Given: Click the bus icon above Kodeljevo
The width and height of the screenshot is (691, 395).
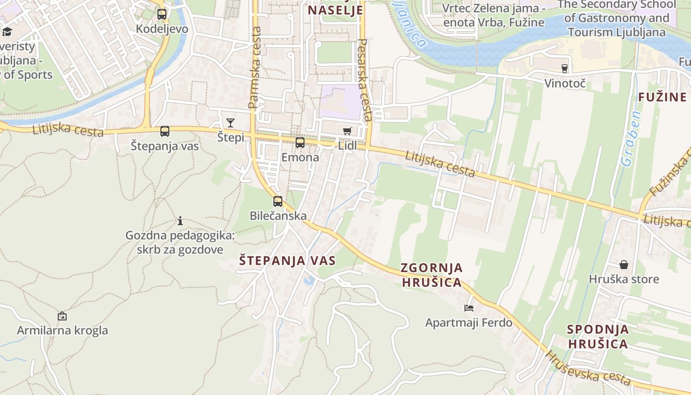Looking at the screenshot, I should pos(162,14).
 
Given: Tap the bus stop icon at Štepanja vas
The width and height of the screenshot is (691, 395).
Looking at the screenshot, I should pos(165,131).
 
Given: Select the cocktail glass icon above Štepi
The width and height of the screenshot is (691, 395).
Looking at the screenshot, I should pos(230,123).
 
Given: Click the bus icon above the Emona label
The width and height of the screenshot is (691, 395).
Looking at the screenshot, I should pos(300,143).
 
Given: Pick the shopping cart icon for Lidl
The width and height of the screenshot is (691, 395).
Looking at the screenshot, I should pos(347,131).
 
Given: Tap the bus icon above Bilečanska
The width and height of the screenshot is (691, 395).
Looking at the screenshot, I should pos(278,201).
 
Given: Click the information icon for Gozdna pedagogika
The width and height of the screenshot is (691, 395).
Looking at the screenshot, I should pos(180,221).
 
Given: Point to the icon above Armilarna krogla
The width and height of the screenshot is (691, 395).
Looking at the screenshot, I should pos(62,316).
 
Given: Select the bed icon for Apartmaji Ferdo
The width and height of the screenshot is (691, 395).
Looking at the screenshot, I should pos(469,308).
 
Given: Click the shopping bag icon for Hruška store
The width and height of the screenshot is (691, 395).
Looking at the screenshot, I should pos(624,265).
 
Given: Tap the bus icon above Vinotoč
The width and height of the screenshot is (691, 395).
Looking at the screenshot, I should pos(565,69).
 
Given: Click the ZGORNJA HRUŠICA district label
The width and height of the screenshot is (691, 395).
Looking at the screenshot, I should pos(432,275).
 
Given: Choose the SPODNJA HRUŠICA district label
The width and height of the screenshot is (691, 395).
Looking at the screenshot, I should pos(598,336).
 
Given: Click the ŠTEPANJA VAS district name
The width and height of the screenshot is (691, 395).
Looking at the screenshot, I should pos(287,261).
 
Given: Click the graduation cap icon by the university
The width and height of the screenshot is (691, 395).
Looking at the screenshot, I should pos(7,32).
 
